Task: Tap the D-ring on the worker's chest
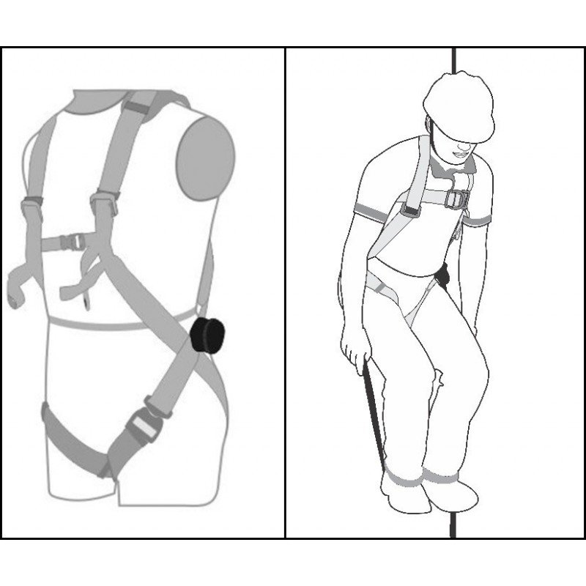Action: pyautogui.click(x=459, y=199)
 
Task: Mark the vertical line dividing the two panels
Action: pyautogui.click(x=285, y=293)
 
